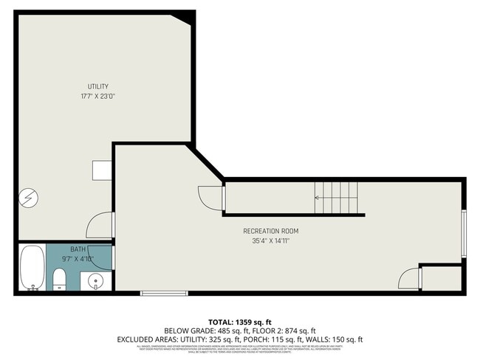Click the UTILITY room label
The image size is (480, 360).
pos(98,87)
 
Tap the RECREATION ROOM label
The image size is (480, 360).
pos(270,231)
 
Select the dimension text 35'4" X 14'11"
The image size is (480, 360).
pos(270,240)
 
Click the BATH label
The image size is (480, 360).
pos(78,249)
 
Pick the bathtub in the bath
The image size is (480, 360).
pos(31,268)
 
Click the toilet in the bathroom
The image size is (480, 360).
pos(60,278)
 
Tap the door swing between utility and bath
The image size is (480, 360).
pos(100,225)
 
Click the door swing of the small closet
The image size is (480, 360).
pos(409,278)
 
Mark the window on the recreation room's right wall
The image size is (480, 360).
pos(464,233)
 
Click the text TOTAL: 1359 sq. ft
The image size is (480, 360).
pos(240,322)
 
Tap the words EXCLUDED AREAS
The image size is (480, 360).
pos(144,339)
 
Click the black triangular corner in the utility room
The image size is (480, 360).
pos(185,18)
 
